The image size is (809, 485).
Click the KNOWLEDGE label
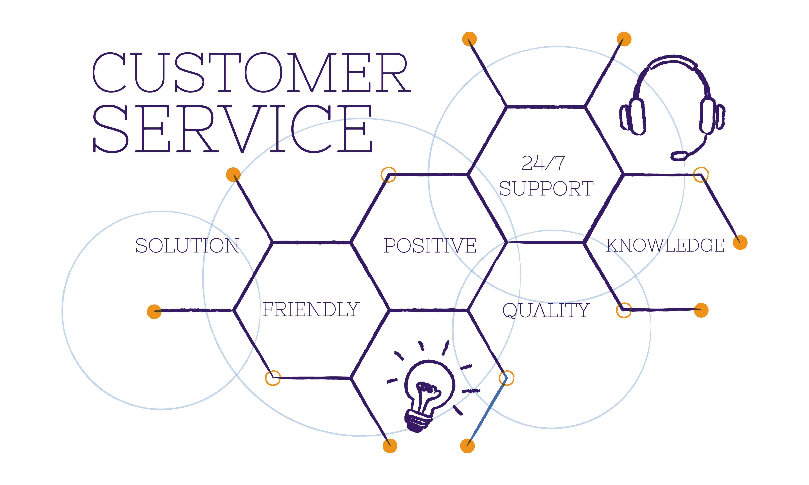tap(665, 245)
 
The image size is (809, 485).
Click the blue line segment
tap(487, 412)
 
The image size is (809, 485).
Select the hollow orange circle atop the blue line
tap(507, 378)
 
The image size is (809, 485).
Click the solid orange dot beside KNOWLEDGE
tap(740, 242)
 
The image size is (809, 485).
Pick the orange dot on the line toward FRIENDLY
tap(154, 311)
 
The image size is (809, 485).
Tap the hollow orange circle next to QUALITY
tap(624, 311)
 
